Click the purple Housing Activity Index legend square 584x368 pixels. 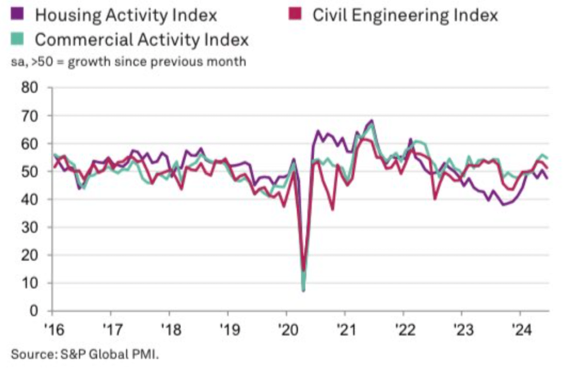coord(17,14)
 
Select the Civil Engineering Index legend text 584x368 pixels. coord(405,15)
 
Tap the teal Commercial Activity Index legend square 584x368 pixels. coord(17,39)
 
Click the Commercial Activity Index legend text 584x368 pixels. coord(142,40)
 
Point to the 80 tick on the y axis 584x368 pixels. coord(29,88)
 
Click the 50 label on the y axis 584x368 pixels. coord(29,172)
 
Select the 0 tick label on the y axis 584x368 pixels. coord(33,312)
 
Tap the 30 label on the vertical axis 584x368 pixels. coord(29,228)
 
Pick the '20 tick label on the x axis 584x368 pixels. coord(286,330)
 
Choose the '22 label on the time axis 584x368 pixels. coord(403,330)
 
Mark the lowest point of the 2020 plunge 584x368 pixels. coord(303,290)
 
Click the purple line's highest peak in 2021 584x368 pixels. coord(372,121)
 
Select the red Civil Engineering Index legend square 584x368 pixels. coord(294,14)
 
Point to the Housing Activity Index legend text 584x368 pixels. coord(125,15)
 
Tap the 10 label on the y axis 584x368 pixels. coord(29,284)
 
